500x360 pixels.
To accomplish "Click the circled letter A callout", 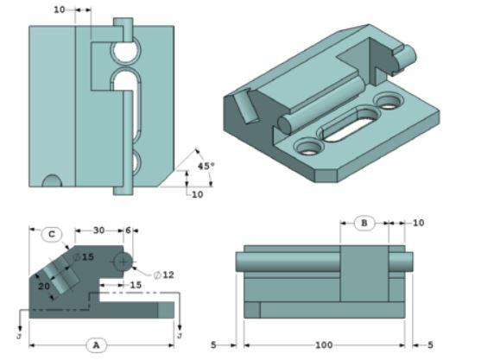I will [96, 344].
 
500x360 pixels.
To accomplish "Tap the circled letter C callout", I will [52, 233].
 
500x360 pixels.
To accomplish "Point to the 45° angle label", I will [205, 165].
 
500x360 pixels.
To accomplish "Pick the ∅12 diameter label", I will [164, 275].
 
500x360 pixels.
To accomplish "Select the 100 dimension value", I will [323, 344].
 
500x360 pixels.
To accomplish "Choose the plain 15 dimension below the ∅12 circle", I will [136, 284].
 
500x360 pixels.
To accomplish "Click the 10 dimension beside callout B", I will [418, 224].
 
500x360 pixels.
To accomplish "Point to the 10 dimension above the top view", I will [59, 10].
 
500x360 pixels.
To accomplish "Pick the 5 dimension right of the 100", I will [430, 344].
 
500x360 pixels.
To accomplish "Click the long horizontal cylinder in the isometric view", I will [320, 101].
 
